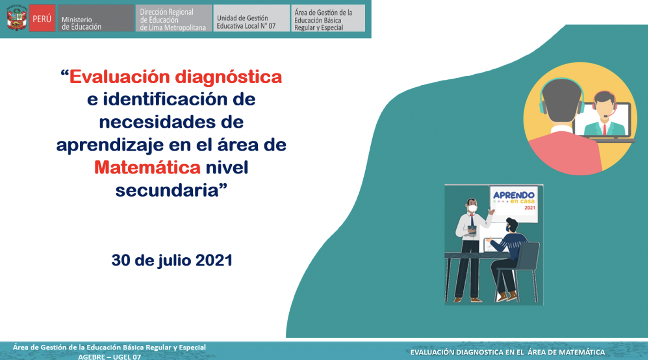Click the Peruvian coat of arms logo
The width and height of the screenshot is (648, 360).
17,18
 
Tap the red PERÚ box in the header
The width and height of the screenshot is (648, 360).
42,19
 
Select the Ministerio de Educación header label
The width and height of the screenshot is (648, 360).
81,23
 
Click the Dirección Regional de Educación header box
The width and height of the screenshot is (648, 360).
173,19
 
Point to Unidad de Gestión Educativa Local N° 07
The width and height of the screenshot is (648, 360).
246,22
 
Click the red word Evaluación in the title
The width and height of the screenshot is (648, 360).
121,77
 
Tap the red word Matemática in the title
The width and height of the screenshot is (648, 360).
147,168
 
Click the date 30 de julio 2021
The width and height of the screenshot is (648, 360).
172,261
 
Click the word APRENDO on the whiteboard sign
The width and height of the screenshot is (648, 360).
514,195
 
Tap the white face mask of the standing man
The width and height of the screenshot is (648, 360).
472,209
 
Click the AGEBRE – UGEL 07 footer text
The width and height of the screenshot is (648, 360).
109,356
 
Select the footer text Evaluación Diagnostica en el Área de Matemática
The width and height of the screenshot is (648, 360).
507,352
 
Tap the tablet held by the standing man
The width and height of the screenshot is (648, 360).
471,229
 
